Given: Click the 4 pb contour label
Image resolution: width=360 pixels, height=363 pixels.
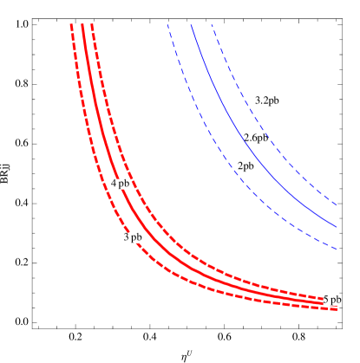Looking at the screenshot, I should coord(120,184).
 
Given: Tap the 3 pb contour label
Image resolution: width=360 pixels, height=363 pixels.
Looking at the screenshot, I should coord(132,237).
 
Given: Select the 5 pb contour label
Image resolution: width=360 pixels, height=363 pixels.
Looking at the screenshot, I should coord(331,300).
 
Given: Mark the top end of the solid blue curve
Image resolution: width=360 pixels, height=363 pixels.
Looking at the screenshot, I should coord(191,24).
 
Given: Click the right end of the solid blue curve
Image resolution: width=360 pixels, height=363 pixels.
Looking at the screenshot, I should coord(337,228).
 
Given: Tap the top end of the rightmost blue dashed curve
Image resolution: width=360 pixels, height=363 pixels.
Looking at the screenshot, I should coord(212,24).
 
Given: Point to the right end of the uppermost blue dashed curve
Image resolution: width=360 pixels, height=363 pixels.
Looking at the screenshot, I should coord(337,205).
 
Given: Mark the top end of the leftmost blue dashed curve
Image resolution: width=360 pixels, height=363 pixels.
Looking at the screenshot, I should coord(167,24).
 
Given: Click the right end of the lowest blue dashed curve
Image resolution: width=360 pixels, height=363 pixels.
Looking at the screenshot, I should coord(337,250).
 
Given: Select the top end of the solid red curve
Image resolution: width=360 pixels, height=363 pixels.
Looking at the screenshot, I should coord(82,24).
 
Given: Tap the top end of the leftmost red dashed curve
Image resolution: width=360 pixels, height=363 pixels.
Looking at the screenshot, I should coord(71,24).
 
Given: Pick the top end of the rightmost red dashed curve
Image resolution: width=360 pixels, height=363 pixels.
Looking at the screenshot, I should coord(91,24).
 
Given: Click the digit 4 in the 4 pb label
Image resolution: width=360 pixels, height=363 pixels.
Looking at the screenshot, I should coord(114,184).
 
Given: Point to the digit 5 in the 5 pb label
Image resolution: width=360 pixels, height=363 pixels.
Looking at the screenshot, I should coord(326,300).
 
